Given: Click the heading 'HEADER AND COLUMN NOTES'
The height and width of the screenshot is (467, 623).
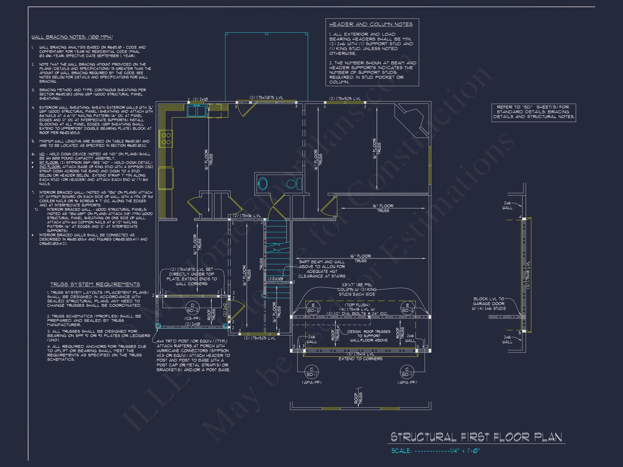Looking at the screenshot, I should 371,25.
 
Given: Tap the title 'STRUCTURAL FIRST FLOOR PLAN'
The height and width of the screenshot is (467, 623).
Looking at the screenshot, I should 476,437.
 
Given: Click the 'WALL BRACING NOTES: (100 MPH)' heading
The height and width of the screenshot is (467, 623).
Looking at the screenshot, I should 72,37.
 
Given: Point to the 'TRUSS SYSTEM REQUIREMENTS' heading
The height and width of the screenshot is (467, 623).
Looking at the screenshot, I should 95,284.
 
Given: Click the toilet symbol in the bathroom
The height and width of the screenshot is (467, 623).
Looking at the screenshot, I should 294,184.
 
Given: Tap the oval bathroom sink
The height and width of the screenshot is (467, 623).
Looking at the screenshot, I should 263,184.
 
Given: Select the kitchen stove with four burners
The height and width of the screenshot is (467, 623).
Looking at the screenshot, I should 166,139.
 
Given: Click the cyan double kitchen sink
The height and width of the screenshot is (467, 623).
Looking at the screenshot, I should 197,111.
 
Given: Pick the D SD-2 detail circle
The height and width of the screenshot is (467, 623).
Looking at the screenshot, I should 193,308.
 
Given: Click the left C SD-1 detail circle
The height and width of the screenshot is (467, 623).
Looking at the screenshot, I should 311,372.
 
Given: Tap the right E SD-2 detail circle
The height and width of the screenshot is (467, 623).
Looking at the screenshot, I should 407,308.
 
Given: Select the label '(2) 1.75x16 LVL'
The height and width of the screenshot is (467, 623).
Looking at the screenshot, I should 247,216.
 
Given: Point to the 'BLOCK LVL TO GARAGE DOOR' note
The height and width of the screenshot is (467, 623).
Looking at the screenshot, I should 489,303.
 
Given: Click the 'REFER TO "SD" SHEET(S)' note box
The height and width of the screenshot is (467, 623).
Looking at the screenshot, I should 533,112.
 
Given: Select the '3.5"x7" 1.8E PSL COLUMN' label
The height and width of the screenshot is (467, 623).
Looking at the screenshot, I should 357,289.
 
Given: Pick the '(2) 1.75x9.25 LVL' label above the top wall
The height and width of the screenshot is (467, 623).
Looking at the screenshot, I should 345,99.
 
